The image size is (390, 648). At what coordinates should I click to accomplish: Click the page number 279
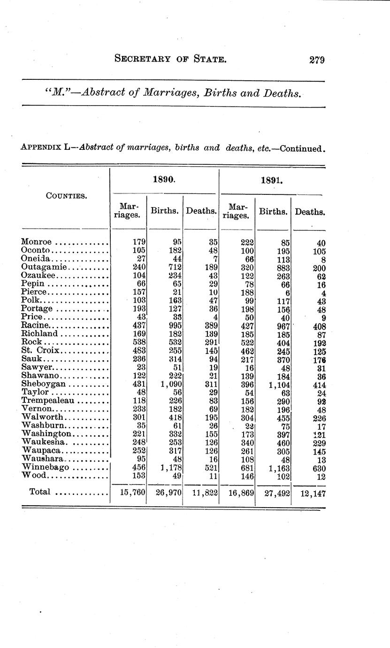[317, 60]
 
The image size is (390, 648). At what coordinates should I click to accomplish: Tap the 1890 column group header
[164, 179]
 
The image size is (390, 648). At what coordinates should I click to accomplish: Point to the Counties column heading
[66, 196]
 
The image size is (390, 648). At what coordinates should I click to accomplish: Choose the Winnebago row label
[45, 467]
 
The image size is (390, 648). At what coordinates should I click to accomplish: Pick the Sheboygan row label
[43, 384]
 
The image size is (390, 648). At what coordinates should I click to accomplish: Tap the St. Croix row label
[40, 350]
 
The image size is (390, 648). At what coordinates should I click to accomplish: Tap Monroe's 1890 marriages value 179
[139, 242]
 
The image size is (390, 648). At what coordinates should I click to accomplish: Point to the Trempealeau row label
[48, 401]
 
